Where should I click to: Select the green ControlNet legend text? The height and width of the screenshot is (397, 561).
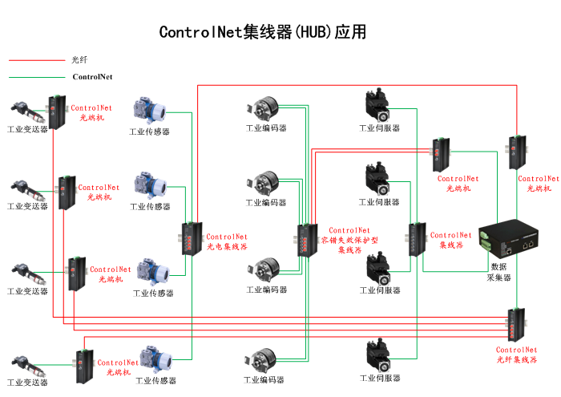point(92,77)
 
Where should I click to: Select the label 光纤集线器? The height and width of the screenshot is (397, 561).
point(516,355)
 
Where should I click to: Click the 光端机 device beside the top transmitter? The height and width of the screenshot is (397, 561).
point(58,111)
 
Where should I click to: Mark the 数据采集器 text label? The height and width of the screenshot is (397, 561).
point(499,272)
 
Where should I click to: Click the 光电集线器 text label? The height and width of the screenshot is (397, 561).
point(228,241)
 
